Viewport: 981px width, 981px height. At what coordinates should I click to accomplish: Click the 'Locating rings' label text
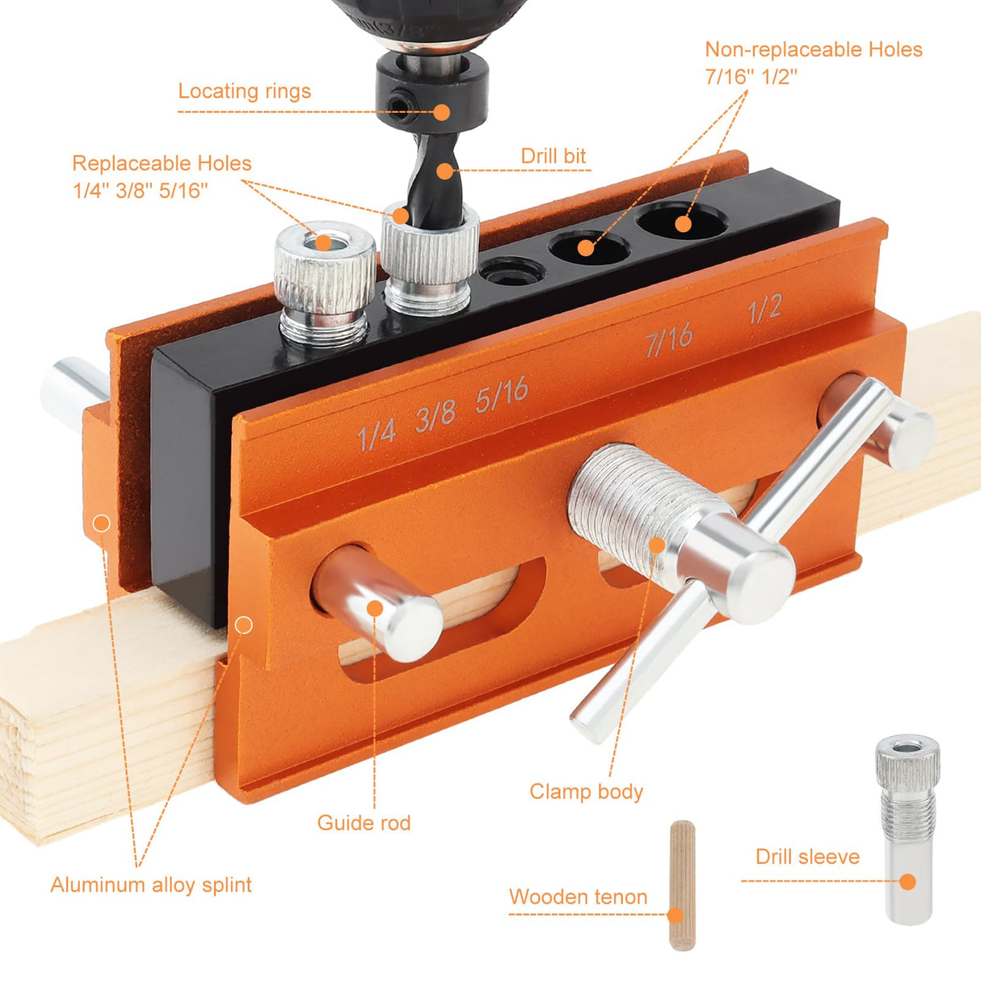point(244,91)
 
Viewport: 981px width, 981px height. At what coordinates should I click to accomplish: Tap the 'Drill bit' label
point(553,156)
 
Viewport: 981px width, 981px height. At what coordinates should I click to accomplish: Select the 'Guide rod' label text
point(364,823)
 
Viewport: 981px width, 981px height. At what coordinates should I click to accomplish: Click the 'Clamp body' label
point(586,791)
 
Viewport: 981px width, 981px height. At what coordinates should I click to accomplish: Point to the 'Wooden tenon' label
point(578,897)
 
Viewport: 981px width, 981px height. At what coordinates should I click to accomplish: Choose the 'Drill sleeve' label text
point(807,857)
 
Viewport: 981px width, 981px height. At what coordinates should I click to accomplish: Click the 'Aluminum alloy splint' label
point(151,885)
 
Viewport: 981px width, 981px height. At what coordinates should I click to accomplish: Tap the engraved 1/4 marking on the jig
point(377,433)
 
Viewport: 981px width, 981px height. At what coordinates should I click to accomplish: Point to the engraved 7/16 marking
point(669,339)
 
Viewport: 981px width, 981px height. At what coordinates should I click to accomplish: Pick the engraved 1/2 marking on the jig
point(764,308)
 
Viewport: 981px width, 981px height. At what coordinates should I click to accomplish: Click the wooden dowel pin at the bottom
point(682,885)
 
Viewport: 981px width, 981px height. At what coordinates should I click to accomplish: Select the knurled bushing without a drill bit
point(325,279)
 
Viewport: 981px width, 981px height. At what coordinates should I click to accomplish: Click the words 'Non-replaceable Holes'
point(813,49)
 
